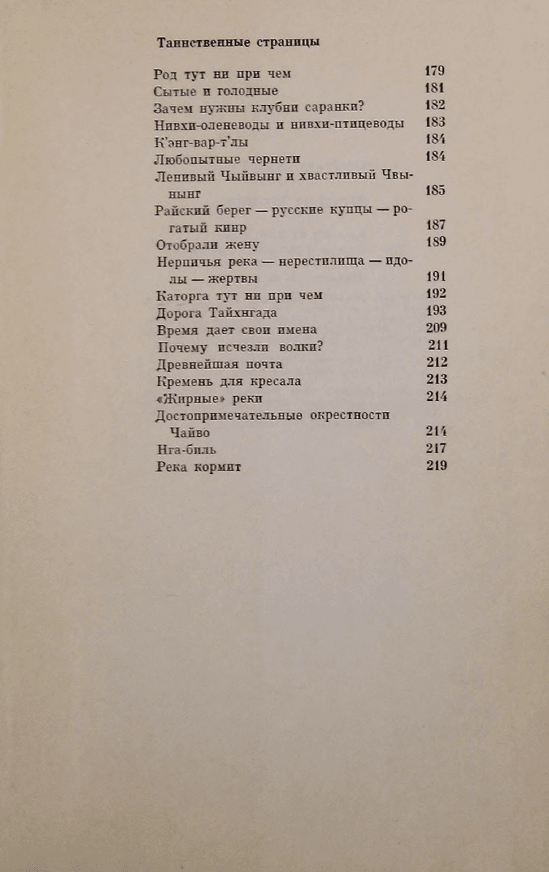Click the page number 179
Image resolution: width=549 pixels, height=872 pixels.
point(435,71)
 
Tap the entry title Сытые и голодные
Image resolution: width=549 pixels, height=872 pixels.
point(217,91)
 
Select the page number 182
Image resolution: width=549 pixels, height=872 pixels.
point(435,106)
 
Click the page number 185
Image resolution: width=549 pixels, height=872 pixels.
point(435,192)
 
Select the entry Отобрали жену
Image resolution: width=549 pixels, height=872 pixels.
point(208,244)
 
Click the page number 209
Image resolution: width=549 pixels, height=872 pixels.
point(435,328)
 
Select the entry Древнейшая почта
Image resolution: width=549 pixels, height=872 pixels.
point(219,364)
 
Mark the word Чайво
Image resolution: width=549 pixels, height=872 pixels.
point(187,432)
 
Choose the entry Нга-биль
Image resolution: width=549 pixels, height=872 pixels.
point(186,449)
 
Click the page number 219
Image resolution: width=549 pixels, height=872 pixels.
point(436,466)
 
